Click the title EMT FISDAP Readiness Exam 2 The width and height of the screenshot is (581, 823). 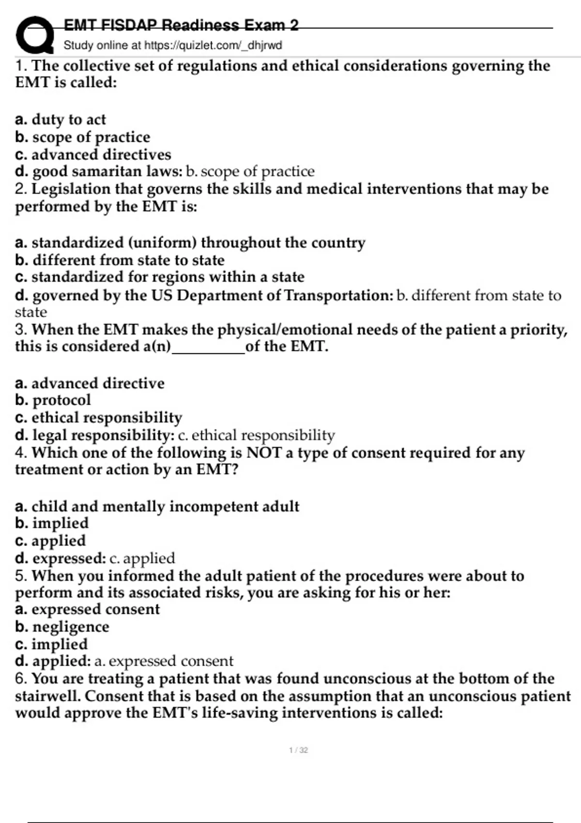click(181, 25)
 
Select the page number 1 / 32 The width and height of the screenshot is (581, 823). click(298, 750)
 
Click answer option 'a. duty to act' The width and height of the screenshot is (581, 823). click(61, 119)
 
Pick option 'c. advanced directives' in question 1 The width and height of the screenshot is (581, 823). click(93, 154)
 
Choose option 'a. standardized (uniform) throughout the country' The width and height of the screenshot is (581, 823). click(190, 242)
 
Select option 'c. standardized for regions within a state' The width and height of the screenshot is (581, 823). click(160, 277)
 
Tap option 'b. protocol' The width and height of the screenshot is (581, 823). click(53, 400)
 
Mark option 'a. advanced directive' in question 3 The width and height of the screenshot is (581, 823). click(90, 383)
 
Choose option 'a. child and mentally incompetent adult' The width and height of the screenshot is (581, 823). click(157, 506)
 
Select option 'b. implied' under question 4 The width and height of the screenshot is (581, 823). click(52, 523)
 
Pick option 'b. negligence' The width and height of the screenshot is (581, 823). click(62, 626)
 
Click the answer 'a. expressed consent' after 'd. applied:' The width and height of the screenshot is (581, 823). click(164, 661)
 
